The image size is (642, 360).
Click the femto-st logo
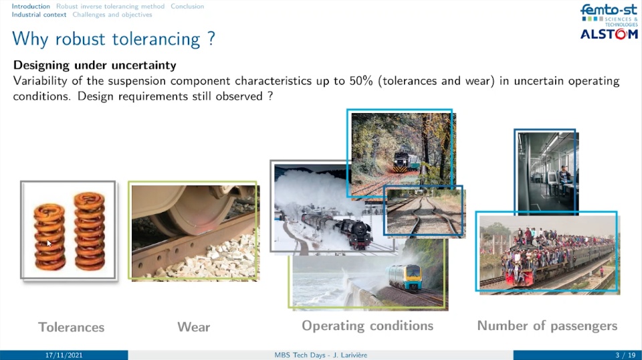pos(609,15)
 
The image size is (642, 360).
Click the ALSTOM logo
pos(609,34)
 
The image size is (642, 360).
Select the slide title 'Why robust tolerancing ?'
pos(114,39)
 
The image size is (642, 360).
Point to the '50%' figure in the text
pos(361,81)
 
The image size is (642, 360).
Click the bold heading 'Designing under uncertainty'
pos(94,65)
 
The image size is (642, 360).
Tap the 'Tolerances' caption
pos(72,327)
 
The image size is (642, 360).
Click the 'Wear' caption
pos(194,327)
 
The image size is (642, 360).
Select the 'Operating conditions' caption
pos(367,326)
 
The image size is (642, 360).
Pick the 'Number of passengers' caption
pos(547,326)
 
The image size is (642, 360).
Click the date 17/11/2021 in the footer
pos(64,355)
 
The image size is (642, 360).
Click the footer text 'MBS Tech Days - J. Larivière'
pos(320,355)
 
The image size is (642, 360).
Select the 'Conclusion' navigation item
pos(187,7)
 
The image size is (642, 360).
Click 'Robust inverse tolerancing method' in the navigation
pos(110,7)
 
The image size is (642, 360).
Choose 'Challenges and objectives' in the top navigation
pos(112,15)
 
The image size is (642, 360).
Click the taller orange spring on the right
pos(90,230)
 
